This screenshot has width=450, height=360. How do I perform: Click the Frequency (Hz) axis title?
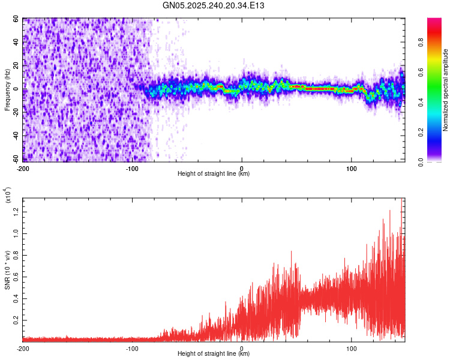(8, 89)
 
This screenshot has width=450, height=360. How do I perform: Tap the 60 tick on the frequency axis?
(16, 19)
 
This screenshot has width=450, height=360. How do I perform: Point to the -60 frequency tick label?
(14, 159)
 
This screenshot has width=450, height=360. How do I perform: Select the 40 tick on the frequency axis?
(16, 42)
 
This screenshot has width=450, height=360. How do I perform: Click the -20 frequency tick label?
(14, 112)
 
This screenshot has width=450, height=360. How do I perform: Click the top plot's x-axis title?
(214, 173)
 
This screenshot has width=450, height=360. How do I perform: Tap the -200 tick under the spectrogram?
(23, 167)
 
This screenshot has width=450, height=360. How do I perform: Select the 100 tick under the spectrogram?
(351, 167)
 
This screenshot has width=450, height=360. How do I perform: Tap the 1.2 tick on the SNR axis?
(16, 211)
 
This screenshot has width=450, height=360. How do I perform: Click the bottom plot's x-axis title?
(214, 354)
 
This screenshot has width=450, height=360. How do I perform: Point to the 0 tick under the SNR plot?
(242, 348)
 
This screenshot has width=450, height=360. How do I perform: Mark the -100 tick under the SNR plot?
(132, 348)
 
